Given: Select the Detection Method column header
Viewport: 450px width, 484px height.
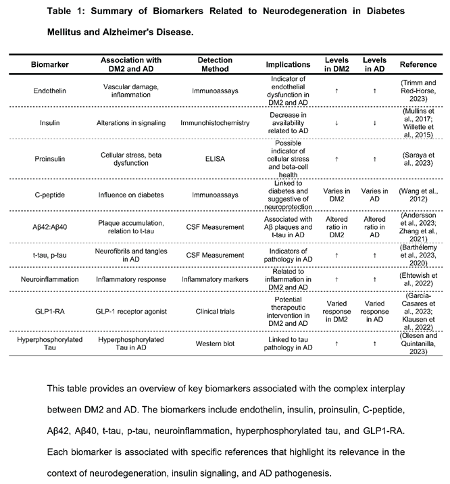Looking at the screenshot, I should tap(215, 65).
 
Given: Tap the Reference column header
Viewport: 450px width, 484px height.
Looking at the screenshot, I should tap(418, 65).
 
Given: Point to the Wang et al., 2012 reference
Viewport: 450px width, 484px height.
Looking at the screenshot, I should tap(418, 194).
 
